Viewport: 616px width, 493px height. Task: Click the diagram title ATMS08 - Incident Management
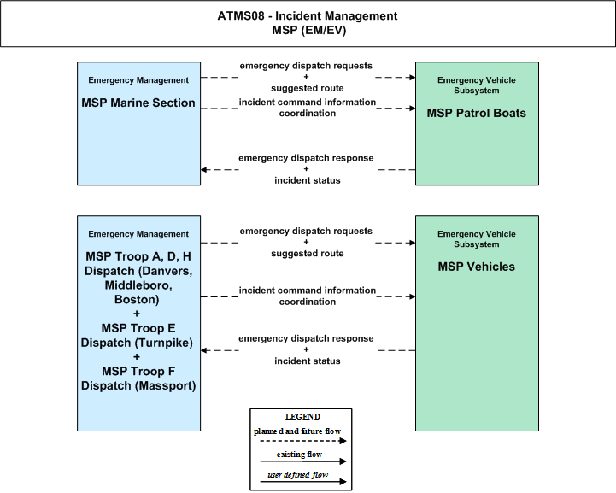point(308,16)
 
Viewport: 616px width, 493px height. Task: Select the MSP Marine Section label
point(138,103)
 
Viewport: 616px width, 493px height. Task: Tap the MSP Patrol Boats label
point(477,113)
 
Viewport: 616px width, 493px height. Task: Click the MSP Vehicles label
point(477,267)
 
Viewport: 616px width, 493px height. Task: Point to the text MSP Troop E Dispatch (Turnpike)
point(137,336)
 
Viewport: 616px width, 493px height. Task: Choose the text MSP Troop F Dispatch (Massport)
point(138,379)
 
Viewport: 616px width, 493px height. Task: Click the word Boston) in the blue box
point(137,300)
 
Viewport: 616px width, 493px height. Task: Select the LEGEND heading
point(302,416)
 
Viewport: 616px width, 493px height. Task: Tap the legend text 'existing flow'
point(299,455)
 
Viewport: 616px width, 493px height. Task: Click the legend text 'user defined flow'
point(298,475)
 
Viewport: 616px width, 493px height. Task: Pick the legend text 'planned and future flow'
point(297,431)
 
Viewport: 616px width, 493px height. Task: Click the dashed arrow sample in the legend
point(303,441)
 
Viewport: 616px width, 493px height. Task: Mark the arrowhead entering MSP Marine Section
point(203,170)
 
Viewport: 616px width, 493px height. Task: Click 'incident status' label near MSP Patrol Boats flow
point(308,180)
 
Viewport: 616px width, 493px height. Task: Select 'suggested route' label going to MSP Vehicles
point(308,254)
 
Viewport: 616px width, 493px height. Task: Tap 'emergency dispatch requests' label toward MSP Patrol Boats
point(306,66)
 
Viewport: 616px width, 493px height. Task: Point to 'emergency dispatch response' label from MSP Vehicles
point(306,338)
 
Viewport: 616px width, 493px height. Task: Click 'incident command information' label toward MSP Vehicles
point(308,291)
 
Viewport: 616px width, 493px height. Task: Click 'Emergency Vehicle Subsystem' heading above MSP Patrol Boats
point(477,85)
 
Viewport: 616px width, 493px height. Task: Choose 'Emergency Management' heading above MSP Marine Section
point(138,80)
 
